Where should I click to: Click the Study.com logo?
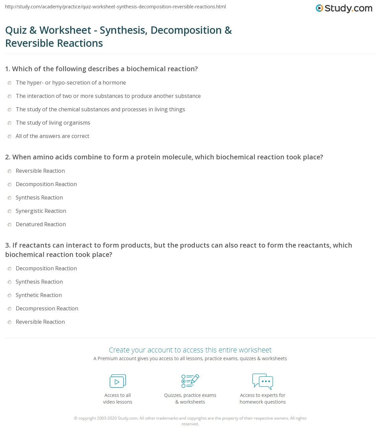(344, 8)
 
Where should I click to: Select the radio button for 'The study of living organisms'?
(10, 123)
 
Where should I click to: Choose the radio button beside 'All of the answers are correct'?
(10, 136)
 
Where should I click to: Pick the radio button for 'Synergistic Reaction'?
(10, 211)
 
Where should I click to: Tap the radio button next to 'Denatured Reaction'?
(10, 225)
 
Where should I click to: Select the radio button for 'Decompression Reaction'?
(10, 309)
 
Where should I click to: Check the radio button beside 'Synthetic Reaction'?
(10, 295)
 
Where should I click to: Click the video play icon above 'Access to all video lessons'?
(118, 381)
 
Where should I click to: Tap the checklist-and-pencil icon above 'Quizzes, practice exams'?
(190, 381)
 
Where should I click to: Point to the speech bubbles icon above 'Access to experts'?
(262, 381)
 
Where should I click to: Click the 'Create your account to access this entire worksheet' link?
(190, 350)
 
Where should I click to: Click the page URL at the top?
(115, 7)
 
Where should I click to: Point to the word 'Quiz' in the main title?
(16, 30)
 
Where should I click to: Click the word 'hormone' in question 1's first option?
(114, 83)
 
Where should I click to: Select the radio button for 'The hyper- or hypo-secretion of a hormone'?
(10, 83)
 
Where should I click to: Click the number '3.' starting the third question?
(8, 246)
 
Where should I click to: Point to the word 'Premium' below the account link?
(108, 358)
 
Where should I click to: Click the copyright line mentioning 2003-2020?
(190, 418)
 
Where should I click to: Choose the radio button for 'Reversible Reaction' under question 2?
(10, 171)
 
